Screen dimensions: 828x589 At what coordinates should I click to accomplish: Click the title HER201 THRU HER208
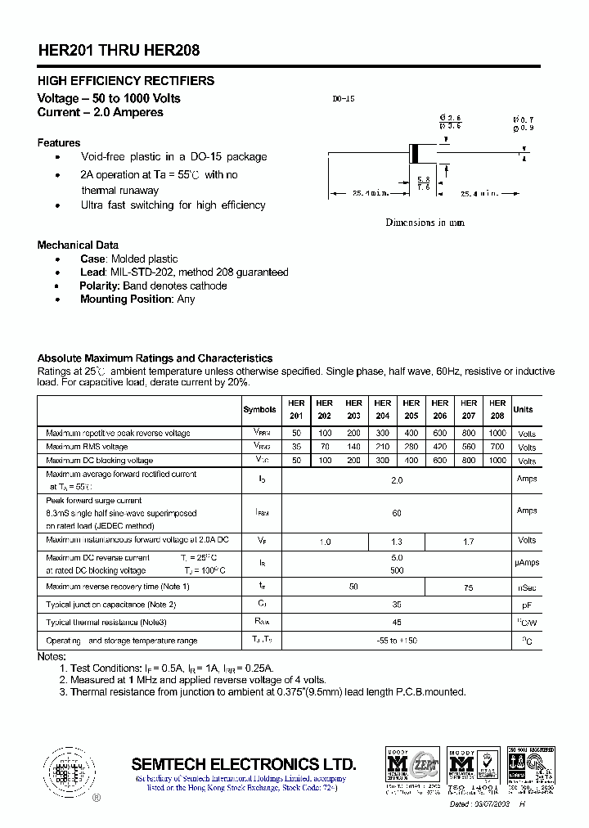coord(119,50)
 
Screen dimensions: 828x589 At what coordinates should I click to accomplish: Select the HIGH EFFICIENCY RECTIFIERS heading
coord(126,81)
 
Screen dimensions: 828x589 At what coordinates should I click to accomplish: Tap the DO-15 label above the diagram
coord(343,99)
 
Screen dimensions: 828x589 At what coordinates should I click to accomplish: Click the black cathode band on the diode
coord(415,153)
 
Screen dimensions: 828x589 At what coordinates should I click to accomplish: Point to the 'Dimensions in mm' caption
coord(425,223)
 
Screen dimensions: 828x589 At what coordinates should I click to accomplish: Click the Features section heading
coord(59,142)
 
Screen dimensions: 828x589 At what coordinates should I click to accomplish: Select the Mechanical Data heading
coord(78,245)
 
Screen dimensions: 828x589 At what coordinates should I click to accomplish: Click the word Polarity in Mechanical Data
coord(99,286)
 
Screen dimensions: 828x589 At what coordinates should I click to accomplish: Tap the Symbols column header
coord(259,409)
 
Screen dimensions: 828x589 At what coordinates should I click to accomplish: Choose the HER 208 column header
coord(497,409)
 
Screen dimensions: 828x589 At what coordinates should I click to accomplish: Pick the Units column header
coord(523,409)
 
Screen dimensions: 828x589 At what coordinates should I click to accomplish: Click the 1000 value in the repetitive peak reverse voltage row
coord(497,433)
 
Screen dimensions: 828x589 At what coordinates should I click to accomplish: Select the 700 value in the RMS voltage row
coord(497,447)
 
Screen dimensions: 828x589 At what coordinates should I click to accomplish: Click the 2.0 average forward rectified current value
coord(397,480)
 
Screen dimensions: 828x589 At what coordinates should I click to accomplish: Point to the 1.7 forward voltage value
coord(468,541)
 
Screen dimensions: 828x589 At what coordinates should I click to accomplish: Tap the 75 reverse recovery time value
coord(468,587)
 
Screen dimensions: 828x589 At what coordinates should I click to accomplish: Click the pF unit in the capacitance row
coord(527,605)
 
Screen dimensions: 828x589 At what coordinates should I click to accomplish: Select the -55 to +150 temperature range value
coord(397,641)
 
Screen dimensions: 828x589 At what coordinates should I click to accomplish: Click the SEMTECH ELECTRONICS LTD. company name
coord(244,764)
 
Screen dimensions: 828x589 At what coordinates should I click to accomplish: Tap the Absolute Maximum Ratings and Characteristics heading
coord(155,358)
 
